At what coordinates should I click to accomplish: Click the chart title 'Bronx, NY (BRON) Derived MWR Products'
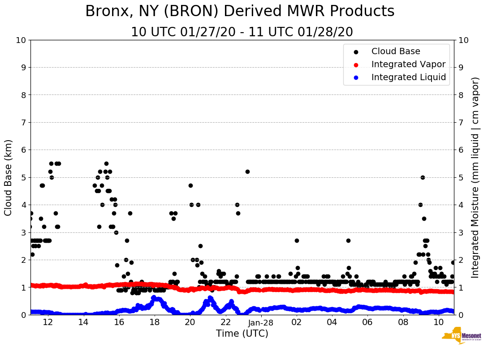pos(240,11)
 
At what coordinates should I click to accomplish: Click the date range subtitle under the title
pos(242,32)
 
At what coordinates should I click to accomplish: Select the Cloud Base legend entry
pos(396,51)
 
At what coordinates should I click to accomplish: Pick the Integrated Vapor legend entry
pos(408,64)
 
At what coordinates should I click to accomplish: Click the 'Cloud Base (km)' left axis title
pos(9,177)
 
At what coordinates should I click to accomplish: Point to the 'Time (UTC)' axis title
pos(242,334)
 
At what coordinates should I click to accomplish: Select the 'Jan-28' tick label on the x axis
pos(261,322)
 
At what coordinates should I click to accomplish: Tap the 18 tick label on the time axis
pos(155,322)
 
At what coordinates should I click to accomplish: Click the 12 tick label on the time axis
pos(48,322)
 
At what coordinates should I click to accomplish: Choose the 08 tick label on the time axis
pos(403,322)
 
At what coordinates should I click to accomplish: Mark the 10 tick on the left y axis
pos(20,40)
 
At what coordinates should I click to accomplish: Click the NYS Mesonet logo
pos(461,337)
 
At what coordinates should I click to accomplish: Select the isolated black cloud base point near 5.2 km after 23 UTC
pos(247,171)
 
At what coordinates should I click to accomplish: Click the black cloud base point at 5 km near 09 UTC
pos(423,177)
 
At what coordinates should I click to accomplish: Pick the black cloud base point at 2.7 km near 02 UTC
pos(297,240)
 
